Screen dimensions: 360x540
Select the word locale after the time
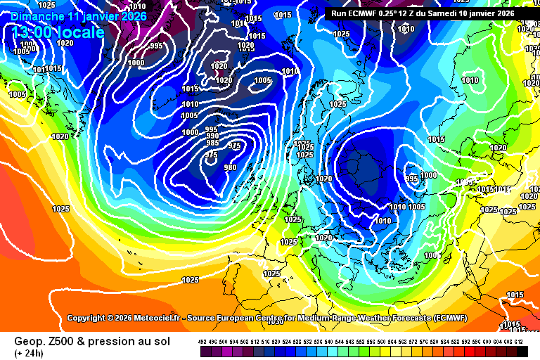click(x=82, y=32)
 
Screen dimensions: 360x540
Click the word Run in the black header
click(x=339, y=13)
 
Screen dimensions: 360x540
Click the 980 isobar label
click(x=230, y=167)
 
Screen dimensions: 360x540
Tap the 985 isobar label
click(x=212, y=143)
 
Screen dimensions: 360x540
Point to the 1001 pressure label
click(x=432, y=255)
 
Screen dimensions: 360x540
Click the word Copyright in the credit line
click(x=90, y=318)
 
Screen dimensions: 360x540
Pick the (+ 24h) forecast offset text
click(x=29, y=352)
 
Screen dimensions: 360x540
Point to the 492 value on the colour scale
click(x=202, y=341)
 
